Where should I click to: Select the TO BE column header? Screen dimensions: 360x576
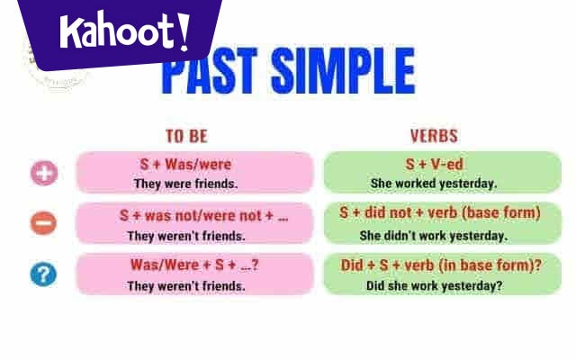[x=186, y=136]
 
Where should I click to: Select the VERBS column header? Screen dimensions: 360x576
[x=434, y=136]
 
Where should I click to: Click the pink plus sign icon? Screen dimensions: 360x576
[x=43, y=174]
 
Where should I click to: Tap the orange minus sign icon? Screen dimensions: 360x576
[x=43, y=223]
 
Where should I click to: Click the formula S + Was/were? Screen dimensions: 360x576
[x=186, y=165]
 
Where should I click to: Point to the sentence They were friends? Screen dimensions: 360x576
[x=186, y=184]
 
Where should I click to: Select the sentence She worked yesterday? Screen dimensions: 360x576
[x=434, y=184]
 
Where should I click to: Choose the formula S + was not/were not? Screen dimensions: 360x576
[x=203, y=216]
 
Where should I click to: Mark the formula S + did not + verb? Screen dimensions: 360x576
[x=440, y=213]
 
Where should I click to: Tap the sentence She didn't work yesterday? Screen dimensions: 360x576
[x=434, y=236]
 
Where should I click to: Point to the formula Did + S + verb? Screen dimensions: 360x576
[x=441, y=265]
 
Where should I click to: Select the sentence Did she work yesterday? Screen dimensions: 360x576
[x=434, y=286]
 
